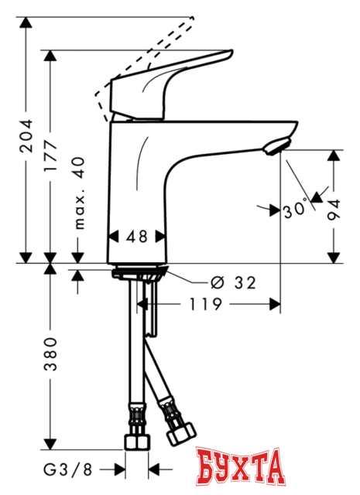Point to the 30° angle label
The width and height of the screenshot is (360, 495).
[x=294, y=208]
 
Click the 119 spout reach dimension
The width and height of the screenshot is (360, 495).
[x=207, y=305]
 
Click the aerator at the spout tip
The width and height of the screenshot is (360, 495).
[x=277, y=146]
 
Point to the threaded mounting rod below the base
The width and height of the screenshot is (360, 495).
[x=149, y=309]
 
